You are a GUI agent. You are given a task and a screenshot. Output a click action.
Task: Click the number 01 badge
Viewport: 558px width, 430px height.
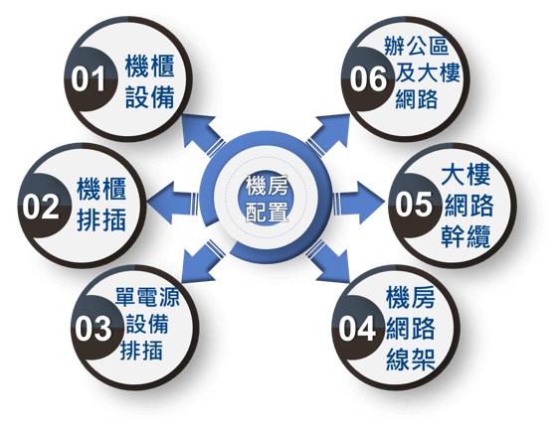(x=89, y=78)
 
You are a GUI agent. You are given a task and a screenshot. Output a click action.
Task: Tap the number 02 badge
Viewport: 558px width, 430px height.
(x=42, y=206)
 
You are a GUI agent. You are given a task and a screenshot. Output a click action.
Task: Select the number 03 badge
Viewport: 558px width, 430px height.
(x=95, y=328)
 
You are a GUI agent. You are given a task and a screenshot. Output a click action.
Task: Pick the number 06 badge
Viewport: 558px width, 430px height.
(x=369, y=78)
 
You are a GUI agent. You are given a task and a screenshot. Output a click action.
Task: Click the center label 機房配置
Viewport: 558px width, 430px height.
(x=267, y=199)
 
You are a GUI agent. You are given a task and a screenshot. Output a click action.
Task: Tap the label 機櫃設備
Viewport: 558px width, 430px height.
(x=150, y=81)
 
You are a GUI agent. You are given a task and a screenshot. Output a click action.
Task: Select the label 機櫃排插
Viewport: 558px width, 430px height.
(x=101, y=205)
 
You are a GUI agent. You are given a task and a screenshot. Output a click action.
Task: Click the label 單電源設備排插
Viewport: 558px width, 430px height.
(x=146, y=324)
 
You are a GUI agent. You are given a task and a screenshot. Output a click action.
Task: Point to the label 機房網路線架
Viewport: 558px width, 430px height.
(x=411, y=329)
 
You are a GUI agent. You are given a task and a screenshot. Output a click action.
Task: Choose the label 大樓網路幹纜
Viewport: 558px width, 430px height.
(x=466, y=206)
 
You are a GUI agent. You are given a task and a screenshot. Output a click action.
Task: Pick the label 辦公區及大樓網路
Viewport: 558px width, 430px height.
(x=422, y=72)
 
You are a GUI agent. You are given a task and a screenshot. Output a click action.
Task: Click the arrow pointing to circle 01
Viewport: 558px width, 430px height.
(x=203, y=135)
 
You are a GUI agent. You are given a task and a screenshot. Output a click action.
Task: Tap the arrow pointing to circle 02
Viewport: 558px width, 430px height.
(x=173, y=203)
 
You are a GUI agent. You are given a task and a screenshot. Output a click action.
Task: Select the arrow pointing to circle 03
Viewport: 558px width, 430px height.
(x=203, y=261)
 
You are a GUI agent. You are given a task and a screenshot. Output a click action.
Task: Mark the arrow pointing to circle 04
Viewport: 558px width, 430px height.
(x=328, y=261)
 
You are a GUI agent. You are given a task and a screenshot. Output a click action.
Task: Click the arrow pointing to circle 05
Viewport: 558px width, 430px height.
(x=359, y=203)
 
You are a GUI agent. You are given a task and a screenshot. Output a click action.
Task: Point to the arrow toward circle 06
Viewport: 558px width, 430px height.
(x=328, y=135)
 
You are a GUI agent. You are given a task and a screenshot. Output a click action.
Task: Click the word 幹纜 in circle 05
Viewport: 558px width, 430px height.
(x=465, y=236)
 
